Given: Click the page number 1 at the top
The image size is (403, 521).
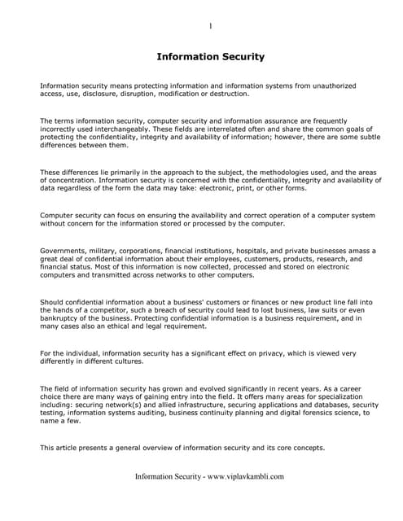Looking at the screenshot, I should tap(210, 26).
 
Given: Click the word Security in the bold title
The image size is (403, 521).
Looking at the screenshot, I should tap(236, 57).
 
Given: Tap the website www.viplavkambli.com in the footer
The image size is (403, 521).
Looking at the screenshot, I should tap(245, 477).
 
